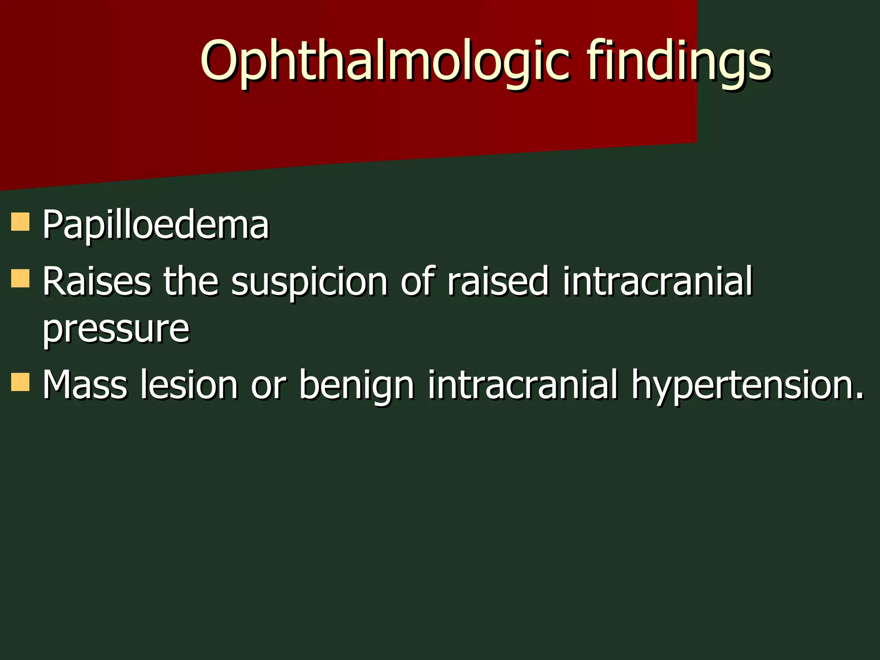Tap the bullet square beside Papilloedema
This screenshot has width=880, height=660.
(x=20, y=222)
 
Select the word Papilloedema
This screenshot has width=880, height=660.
(x=155, y=225)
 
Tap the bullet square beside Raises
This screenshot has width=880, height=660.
(x=20, y=278)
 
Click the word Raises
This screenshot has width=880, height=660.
(x=96, y=281)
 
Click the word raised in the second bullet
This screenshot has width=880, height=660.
(x=498, y=281)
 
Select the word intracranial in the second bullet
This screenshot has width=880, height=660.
(x=657, y=281)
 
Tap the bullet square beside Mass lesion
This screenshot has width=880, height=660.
(x=20, y=382)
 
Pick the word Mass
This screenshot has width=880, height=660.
(x=84, y=385)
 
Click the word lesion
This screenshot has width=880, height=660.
(x=189, y=385)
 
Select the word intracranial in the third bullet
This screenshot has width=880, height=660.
(x=522, y=385)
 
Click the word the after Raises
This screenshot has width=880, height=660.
(x=191, y=281)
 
